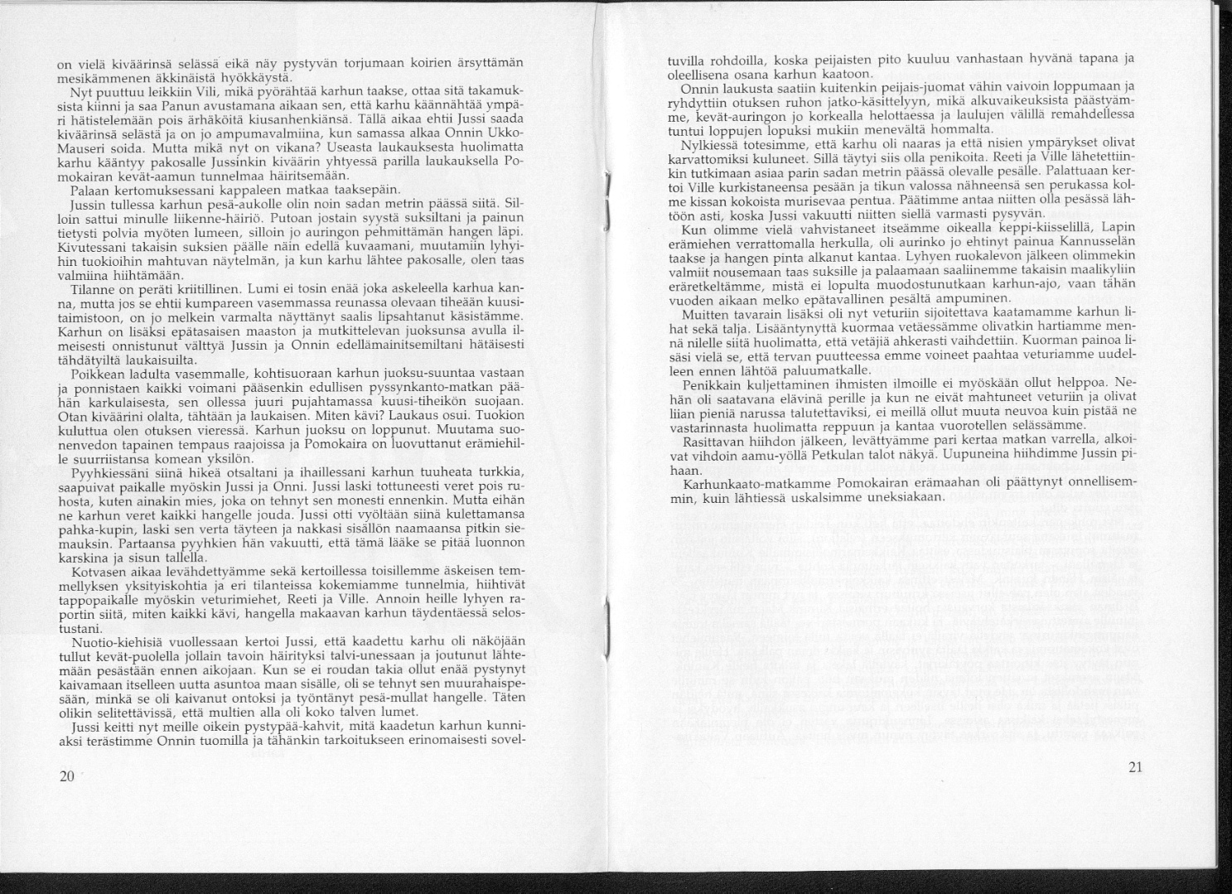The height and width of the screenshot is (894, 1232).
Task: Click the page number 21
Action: (1135, 767)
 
